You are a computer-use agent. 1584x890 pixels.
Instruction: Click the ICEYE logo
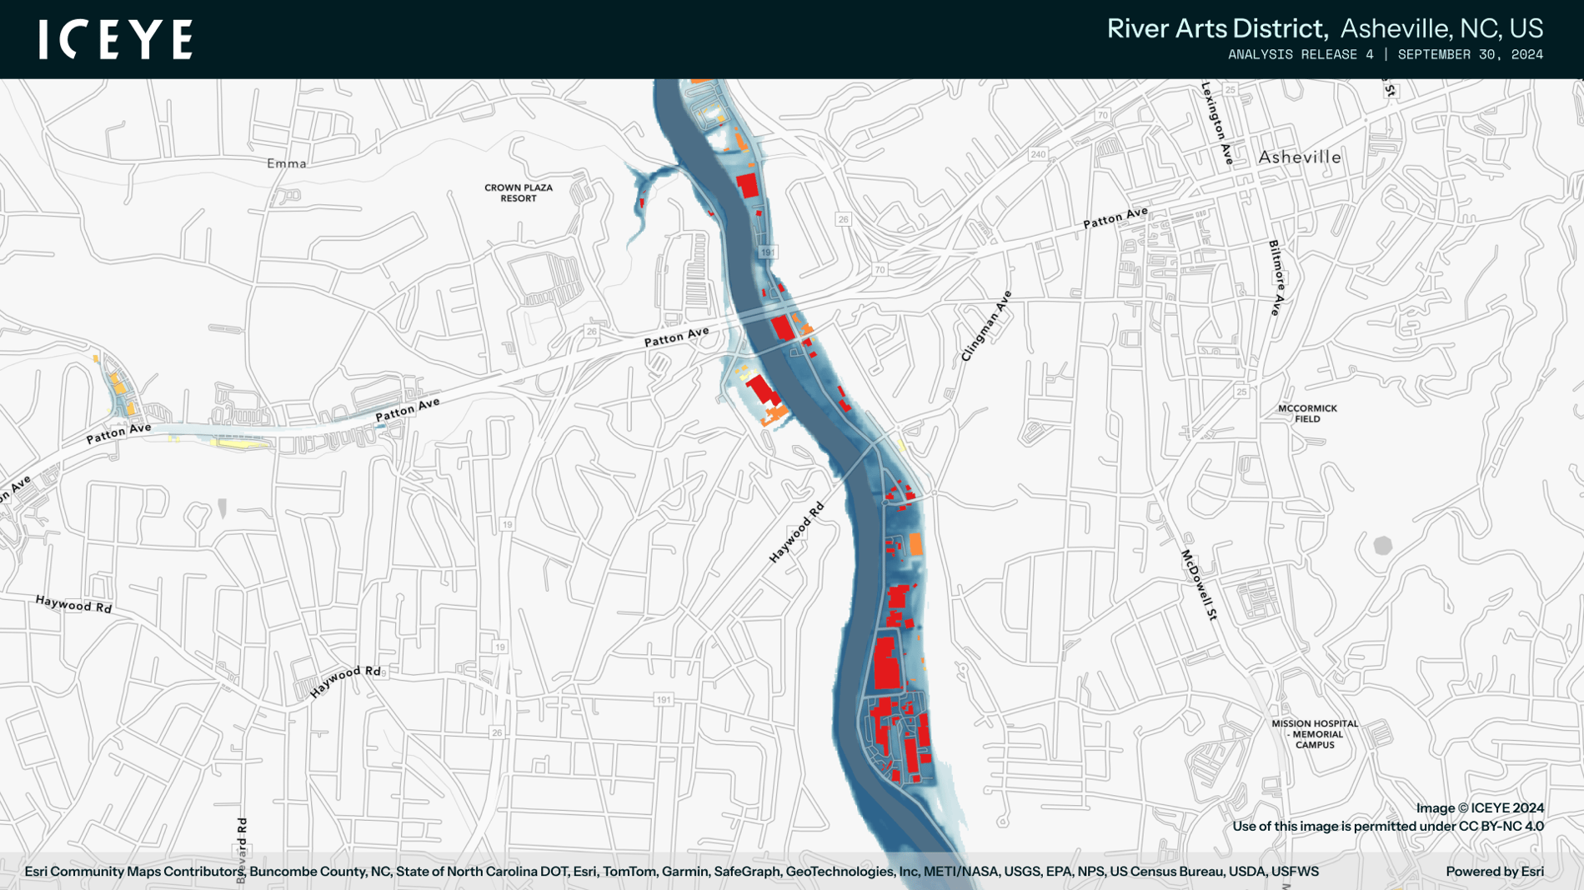pyautogui.click(x=115, y=39)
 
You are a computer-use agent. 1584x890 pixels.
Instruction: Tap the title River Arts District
pyautogui.click(x=1216, y=28)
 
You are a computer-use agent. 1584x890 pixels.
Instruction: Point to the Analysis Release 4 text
pyautogui.click(x=1300, y=55)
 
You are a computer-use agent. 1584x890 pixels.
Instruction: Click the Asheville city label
pyautogui.click(x=1299, y=157)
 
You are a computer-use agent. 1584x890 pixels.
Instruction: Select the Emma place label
pyautogui.click(x=286, y=163)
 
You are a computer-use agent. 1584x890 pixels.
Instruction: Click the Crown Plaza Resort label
pyautogui.click(x=518, y=192)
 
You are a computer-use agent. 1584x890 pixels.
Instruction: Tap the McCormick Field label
pyautogui.click(x=1306, y=413)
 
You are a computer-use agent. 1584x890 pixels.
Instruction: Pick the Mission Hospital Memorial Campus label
pyautogui.click(x=1314, y=734)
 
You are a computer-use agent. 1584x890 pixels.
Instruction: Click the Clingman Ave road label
pyautogui.click(x=985, y=326)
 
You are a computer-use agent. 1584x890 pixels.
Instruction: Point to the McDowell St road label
pyautogui.click(x=1199, y=584)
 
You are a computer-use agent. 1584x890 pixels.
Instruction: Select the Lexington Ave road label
pyautogui.click(x=1216, y=122)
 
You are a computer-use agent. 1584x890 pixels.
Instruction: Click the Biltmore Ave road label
pyautogui.click(x=1276, y=277)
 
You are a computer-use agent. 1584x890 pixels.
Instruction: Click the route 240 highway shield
pyautogui.click(x=1037, y=154)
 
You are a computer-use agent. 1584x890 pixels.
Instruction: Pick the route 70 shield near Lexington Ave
pyautogui.click(x=1102, y=115)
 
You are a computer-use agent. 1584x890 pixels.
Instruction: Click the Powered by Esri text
pyautogui.click(x=1494, y=871)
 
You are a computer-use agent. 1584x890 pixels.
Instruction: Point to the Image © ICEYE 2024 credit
pyautogui.click(x=1479, y=807)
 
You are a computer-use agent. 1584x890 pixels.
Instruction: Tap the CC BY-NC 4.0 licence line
pyautogui.click(x=1387, y=826)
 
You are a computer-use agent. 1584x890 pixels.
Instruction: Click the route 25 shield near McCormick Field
pyautogui.click(x=1241, y=392)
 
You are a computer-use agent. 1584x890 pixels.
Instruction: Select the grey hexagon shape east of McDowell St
pyautogui.click(x=1382, y=546)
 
